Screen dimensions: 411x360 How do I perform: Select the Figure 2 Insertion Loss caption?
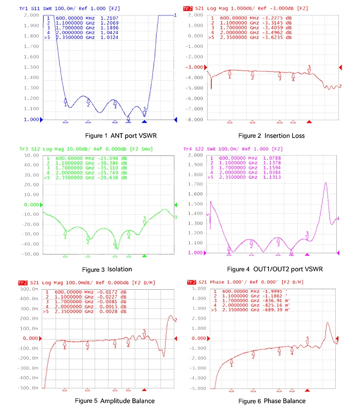272,136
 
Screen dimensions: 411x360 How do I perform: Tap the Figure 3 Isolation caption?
106,269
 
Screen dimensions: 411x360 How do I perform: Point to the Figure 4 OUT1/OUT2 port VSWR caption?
280,269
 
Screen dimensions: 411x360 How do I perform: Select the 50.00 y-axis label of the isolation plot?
32,154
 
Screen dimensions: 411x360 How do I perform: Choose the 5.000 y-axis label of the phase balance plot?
196,289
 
